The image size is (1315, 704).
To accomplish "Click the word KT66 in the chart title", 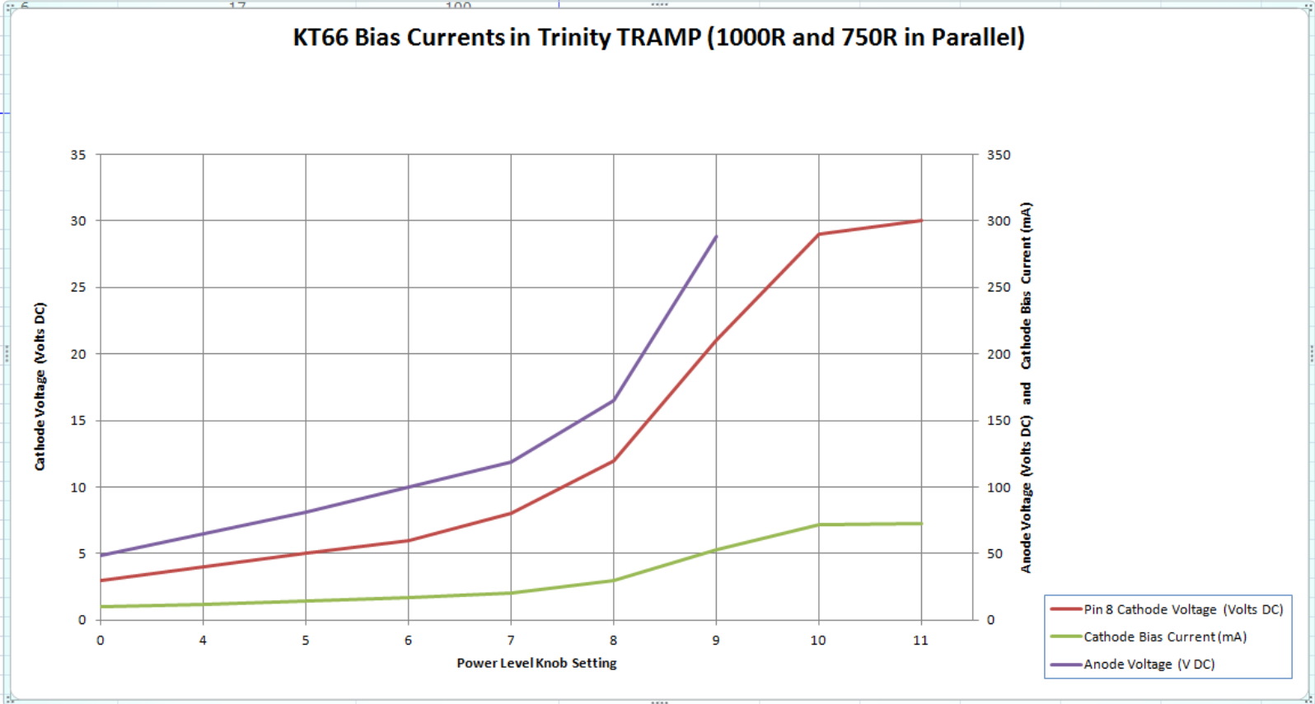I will coord(321,38).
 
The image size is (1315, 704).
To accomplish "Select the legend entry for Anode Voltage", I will coord(1149,664).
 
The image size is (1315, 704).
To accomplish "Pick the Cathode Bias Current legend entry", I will coord(1164,636).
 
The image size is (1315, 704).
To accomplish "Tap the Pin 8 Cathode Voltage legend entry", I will coord(1182,609).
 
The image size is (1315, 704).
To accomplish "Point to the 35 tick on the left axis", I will coord(78,155).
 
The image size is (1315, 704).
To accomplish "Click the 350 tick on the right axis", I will coord(999,155).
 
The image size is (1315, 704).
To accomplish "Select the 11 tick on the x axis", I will coord(920,641).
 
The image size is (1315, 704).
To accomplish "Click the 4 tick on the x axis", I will coord(203,641).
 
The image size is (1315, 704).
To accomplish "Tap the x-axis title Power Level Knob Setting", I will coord(536,663).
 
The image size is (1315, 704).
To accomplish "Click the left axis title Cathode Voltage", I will coord(40,386).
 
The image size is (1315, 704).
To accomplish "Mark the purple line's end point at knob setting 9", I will coord(716,236).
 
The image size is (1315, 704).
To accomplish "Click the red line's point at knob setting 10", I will coord(818,234).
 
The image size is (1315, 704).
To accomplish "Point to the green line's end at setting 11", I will coord(920,524).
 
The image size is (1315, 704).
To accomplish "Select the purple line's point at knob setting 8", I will coord(613,400).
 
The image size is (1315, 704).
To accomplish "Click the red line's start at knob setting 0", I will coord(101,580).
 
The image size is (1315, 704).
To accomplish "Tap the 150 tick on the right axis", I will coord(999,421).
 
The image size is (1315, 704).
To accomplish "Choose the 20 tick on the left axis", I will coord(78,354).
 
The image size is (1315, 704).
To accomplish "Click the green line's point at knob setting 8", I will coord(613,580).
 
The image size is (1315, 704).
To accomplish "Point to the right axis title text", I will coord(1026,387).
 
